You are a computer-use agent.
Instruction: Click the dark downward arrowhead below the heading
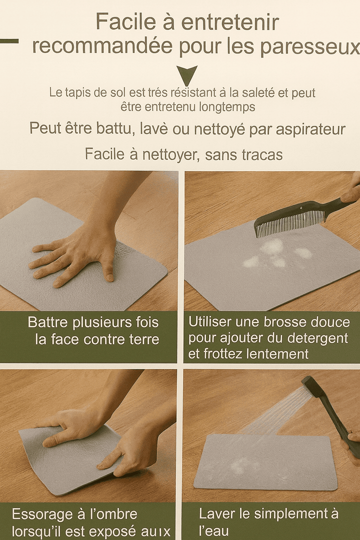click(186, 75)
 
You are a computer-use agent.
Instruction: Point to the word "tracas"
click(257, 154)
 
